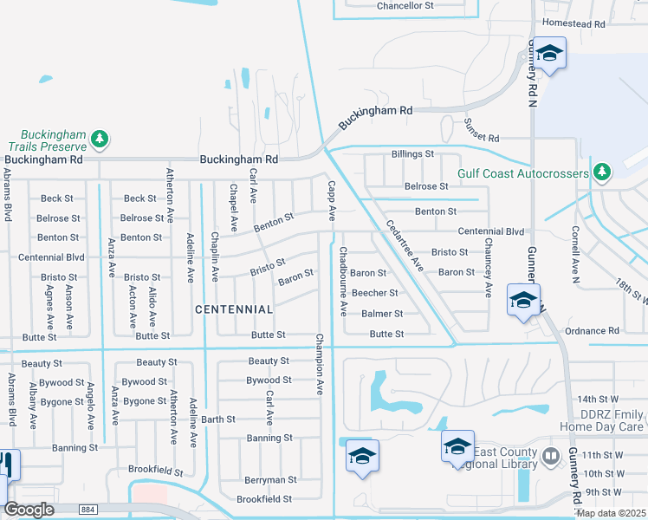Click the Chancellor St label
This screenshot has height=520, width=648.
(405, 6)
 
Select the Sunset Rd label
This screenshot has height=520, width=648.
(483, 132)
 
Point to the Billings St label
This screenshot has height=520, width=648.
(412, 154)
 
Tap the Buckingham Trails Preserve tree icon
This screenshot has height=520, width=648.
(100, 138)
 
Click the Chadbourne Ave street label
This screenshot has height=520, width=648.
(343, 280)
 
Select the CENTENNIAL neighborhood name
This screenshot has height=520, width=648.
(234, 309)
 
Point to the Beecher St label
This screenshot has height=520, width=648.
(374, 294)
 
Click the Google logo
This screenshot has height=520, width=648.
(29, 510)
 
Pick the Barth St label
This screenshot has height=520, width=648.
(218, 419)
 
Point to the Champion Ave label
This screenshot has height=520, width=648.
(320, 364)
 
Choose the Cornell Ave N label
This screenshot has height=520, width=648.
(574, 256)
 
